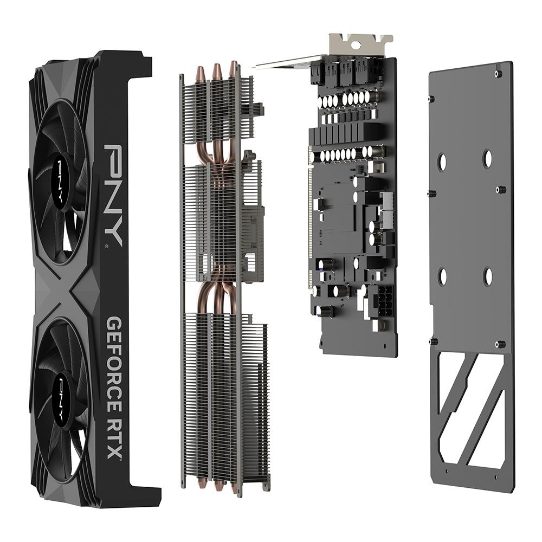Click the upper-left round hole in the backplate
442,162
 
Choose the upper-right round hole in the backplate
487,158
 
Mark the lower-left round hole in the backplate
442,276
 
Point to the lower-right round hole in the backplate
488,276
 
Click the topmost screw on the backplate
498,74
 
